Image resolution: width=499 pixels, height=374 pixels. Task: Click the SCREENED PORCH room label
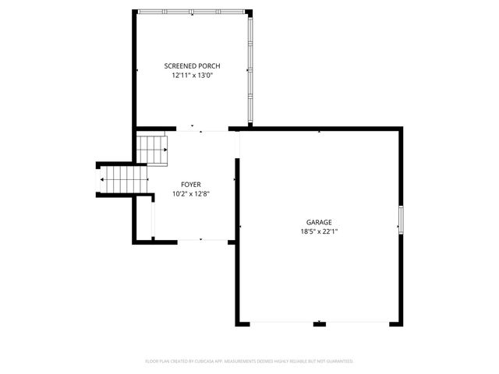pos(192,66)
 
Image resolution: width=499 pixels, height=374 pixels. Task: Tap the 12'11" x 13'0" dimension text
pos(192,76)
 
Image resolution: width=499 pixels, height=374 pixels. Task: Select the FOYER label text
pos(191,185)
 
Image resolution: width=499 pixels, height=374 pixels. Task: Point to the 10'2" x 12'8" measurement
pos(191,194)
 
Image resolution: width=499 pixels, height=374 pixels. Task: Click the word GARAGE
pos(319,222)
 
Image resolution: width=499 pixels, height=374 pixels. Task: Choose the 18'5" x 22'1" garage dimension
pos(319,231)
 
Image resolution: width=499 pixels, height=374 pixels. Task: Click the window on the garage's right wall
pos(402,218)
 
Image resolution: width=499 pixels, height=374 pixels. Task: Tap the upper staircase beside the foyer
pos(154,149)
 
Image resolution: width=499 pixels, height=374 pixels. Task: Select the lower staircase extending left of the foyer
pos(121,180)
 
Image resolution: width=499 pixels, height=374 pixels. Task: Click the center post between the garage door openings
pos(319,323)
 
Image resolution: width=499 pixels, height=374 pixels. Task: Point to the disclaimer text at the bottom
pos(249,362)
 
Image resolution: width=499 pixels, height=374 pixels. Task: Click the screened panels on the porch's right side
pos(249,70)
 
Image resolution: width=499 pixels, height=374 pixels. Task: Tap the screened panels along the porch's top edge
pos(191,11)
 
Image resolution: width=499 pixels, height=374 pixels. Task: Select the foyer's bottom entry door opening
pos(201,240)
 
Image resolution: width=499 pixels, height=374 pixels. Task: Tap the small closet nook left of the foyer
pos(143,218)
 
